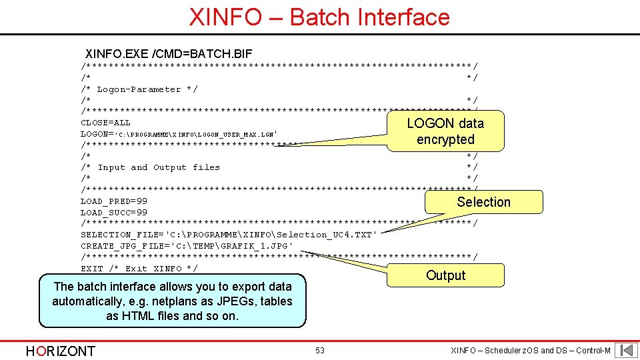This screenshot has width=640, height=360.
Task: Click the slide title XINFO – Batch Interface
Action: tap(319, 17)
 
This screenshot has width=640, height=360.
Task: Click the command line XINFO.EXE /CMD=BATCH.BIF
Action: tap(169, 53)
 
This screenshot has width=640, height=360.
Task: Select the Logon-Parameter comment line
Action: tap(139, 89)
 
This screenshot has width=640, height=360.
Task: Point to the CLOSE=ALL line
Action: tap(105, 123)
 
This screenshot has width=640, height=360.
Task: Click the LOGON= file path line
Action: tap(183, 134)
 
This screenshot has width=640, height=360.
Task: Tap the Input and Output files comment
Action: tap(151, 167)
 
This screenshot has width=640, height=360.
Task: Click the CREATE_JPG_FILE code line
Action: tap(187, 246)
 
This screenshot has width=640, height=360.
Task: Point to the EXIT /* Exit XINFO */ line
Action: tap(139, 269)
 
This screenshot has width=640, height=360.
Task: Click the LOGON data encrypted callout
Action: tap(445, 131)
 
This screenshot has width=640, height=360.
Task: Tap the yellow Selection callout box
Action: tap(483, 202)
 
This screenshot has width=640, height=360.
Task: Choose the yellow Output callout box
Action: tap(445, 275)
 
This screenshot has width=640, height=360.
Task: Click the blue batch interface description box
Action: tap(172, 301)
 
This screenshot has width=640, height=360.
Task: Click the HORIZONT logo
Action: tap(60, 351)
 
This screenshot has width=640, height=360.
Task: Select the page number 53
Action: tap(319, 351)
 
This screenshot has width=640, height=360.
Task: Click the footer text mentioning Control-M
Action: tap(530, 351)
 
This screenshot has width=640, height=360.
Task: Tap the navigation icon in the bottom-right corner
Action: tap(626, 350)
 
